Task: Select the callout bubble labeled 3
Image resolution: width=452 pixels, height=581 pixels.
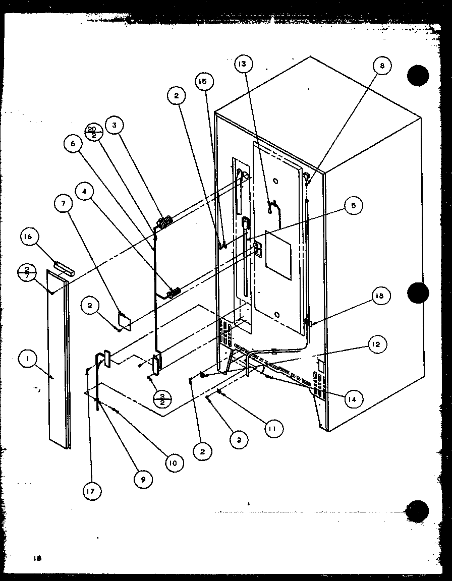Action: (x=115, y=126)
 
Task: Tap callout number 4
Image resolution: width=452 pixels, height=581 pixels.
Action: (x=85, y=192)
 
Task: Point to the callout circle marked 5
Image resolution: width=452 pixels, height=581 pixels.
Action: (x=354, y=205)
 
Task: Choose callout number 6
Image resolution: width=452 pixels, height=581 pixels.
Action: (x=73, y=144)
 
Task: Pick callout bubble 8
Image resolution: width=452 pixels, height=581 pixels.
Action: (x=382, y=66)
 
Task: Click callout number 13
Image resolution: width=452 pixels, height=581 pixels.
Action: (x=243, y=64)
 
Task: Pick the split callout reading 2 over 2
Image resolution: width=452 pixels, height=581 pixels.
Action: (x=162, y=398)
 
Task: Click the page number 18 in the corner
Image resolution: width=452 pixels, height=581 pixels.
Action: (x=37, y=558)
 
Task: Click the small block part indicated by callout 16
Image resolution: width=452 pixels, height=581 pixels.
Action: (x=64, y=267)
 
